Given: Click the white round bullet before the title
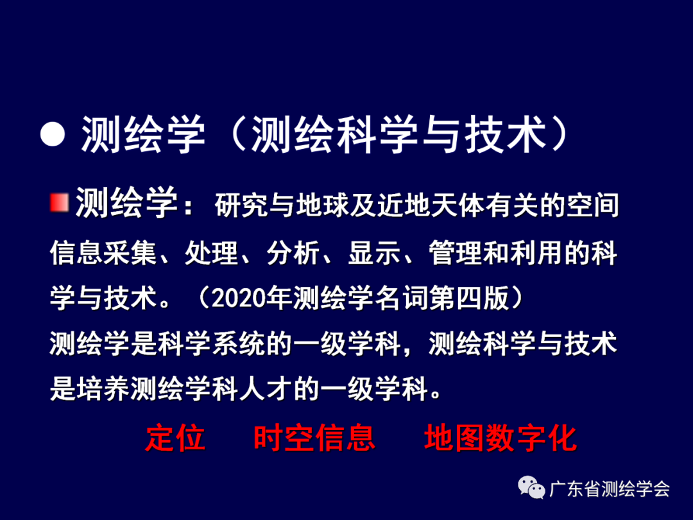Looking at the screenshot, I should (x=53, y=134).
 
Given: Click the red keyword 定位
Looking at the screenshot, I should (x=175, y=438).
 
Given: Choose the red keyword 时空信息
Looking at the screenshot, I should (x=314, y=438).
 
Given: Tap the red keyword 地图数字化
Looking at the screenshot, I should (x=501, y=438).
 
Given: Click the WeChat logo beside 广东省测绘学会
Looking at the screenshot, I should (x=532, y=489).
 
